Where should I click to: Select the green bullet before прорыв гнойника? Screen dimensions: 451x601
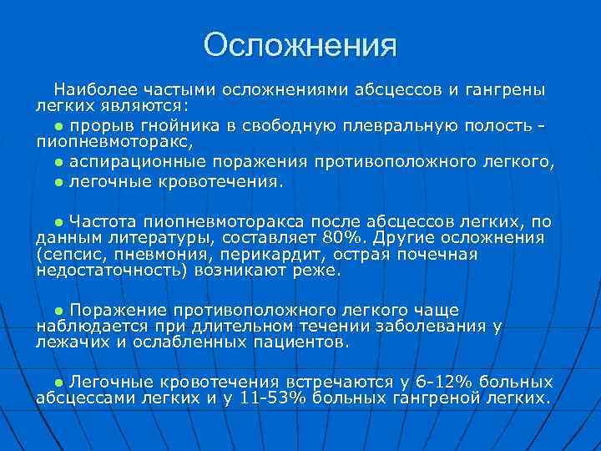pyautogui.click(x=59, y=126)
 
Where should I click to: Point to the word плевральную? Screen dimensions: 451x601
pyautogui.click(x=397, y=125)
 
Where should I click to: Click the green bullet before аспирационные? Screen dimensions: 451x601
pyautogui.click(x=59, y=162)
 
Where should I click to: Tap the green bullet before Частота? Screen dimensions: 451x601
pyautogui.click(x=59, y=222)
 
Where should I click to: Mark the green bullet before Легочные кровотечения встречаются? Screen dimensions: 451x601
pyautogui.click(x=59, y=383)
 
